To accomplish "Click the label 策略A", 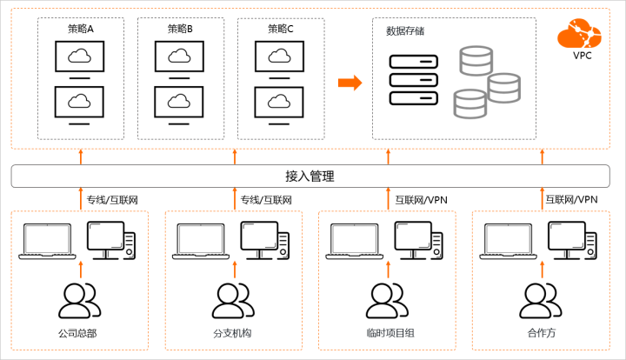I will click(81, 30).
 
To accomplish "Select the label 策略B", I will click(180, 30).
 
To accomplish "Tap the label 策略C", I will click(280, 30).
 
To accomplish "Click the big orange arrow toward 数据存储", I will click(350, 83).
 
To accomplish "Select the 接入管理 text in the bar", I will click(310, 176).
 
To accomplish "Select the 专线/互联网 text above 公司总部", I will click(112, 200).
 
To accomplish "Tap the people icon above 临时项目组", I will click(385, 301).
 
